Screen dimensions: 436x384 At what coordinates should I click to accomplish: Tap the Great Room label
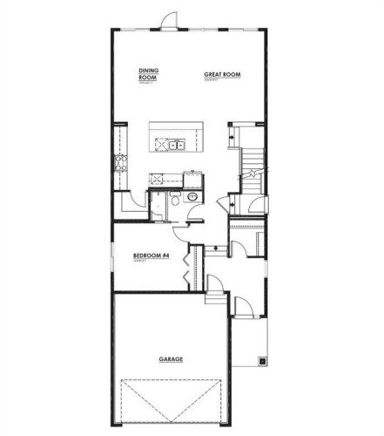[221, 75]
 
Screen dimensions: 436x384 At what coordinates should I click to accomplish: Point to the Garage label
[170, 358]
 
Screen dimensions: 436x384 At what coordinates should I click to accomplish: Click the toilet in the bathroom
[174, 201]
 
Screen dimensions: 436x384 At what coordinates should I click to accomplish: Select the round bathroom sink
[191, 198]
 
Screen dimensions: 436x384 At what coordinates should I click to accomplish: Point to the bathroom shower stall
[158, 208]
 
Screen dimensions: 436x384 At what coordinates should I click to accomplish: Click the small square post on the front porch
[261, 360]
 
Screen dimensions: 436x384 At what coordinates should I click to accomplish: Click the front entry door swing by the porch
[244, 306]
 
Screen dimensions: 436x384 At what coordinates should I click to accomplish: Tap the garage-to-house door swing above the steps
[214, 283]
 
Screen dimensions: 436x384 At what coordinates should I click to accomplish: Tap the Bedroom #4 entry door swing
[182, 229]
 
